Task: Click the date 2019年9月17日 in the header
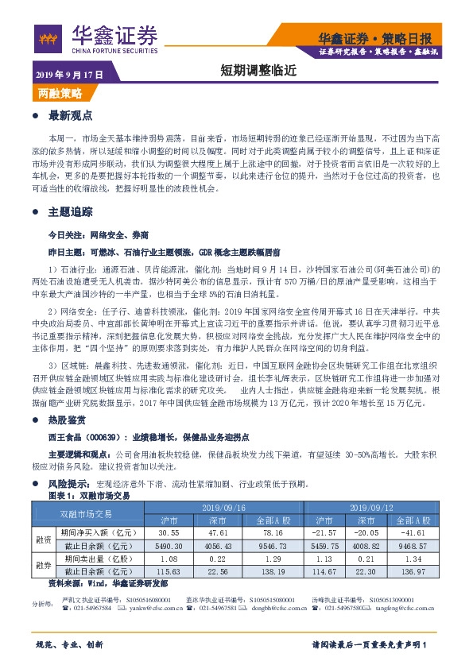pos(70,74)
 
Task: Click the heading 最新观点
pos(71,115)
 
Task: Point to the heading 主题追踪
pos(71,212)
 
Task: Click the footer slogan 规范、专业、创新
pos(70,644)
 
